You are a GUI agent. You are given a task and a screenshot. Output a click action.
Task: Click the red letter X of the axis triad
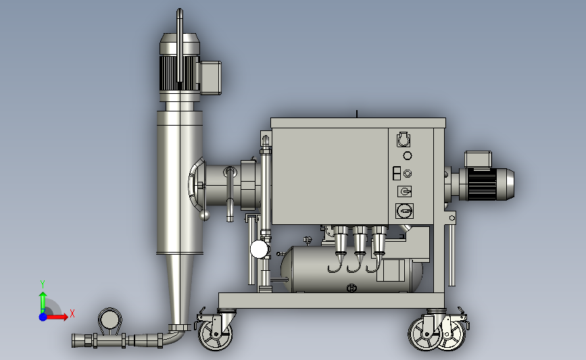(x=72, y=313)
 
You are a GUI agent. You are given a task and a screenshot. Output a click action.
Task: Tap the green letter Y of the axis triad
(x=43, y=284)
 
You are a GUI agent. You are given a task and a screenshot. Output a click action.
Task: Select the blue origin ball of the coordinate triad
(x=43, y=317)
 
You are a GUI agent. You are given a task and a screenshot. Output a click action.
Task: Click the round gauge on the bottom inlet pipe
(x=109, y=319)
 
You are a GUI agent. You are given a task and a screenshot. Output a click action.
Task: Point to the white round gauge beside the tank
(x=260, y=249)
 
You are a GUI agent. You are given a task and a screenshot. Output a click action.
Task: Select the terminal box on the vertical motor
(x=211, y=78)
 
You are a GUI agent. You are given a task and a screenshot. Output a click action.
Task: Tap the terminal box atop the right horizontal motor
(x=478, y=159)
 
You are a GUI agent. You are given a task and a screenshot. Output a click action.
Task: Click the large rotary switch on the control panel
(x=404, y=211)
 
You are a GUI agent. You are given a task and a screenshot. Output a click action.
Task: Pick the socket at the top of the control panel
(x=404, y=139)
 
